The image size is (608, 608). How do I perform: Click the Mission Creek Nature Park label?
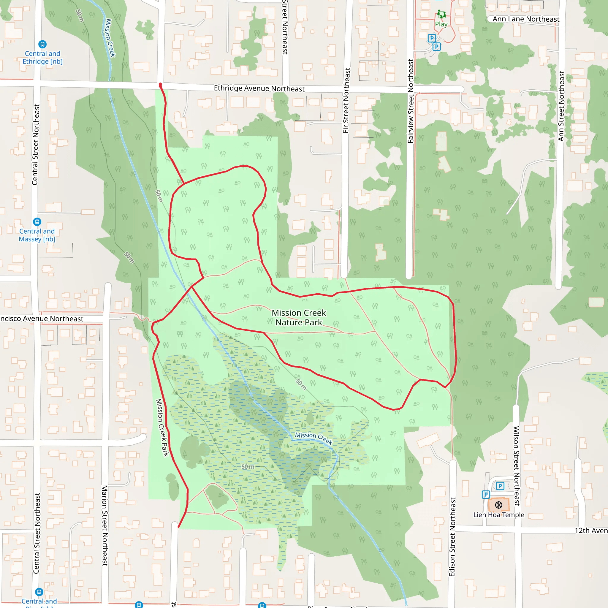[299, 318]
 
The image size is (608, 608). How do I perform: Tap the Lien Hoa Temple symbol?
[498, 505]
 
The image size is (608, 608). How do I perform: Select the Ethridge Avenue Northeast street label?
[259, 88]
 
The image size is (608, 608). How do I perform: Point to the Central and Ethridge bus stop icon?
[42, 44]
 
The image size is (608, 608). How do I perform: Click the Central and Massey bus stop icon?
[37, 222]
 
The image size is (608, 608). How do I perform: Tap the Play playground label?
[441, 24]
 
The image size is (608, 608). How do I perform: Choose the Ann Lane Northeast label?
[526, 19]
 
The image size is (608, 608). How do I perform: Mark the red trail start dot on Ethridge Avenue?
[161, 85]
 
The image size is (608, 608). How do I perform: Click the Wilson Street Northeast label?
[517, 466]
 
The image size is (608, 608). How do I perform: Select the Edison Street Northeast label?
[452, 537]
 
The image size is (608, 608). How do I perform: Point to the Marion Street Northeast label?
[105, 525]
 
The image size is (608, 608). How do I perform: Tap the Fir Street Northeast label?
[346, 100]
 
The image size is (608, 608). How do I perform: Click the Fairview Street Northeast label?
[410, 101]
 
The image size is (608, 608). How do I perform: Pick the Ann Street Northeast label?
[561, 106]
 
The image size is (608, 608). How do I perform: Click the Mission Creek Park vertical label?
[162, 427]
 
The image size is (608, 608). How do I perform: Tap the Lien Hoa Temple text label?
[499, 515]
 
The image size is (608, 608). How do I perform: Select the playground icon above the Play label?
[441, 14]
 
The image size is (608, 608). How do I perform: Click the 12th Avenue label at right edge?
[591, 531]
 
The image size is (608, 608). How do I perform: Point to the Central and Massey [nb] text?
[37, 235]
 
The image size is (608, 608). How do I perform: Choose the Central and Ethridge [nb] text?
[42, 58]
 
